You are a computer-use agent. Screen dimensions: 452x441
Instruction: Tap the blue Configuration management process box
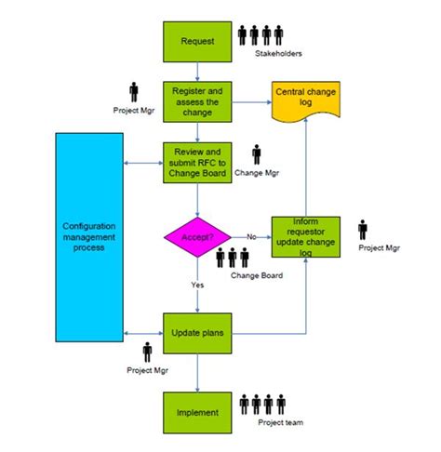pyautogui.click(x=89, y=236)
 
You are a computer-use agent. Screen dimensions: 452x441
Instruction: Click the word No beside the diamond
pyautogui.click(x=251, y=236)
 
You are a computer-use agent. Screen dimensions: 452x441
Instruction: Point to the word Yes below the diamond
pyautogui.click(x=197, y=286)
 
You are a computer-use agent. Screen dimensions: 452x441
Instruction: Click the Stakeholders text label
pyautogui.click(x=278, y=53)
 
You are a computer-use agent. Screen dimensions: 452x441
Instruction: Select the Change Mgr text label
pyautogui.click(x=257, y=173)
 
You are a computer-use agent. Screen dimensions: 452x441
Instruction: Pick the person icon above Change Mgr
pyautogui.click(x=257, y=153)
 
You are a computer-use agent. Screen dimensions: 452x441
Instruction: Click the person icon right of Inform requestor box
pyautogui.click(x=363, y=229)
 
